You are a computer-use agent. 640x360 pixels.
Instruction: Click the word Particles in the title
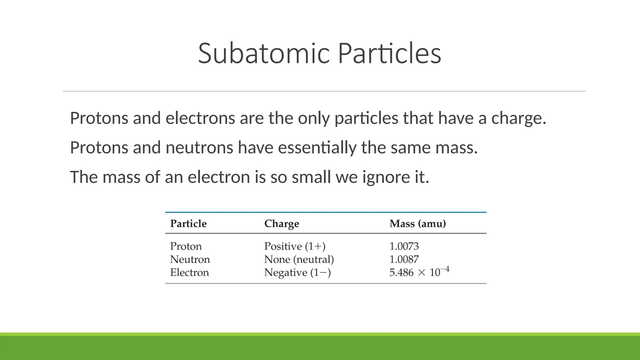(389, 53)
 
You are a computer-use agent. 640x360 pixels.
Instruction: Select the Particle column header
(188, 224)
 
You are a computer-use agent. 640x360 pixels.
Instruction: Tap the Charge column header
(282, 224)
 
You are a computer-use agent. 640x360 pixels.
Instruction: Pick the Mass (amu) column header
(417, 224)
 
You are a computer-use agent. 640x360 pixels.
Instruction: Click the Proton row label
(186, 246)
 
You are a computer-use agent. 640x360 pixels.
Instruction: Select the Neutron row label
(190, 259)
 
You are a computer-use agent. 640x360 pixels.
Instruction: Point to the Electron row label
(189, 272)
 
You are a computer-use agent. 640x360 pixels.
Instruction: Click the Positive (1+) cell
(295, 246)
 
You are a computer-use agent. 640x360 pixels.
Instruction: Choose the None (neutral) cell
(299, 259)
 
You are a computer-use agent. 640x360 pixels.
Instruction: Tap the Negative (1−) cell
(297, 272)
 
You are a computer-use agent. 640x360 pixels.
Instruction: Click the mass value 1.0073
(404, 246)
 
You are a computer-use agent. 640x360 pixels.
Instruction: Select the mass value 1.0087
(404, 259)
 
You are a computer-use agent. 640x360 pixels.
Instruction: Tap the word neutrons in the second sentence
(199, 147)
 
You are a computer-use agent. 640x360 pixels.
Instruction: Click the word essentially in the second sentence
(317, 147)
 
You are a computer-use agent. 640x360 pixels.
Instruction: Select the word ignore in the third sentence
(386, 177)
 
